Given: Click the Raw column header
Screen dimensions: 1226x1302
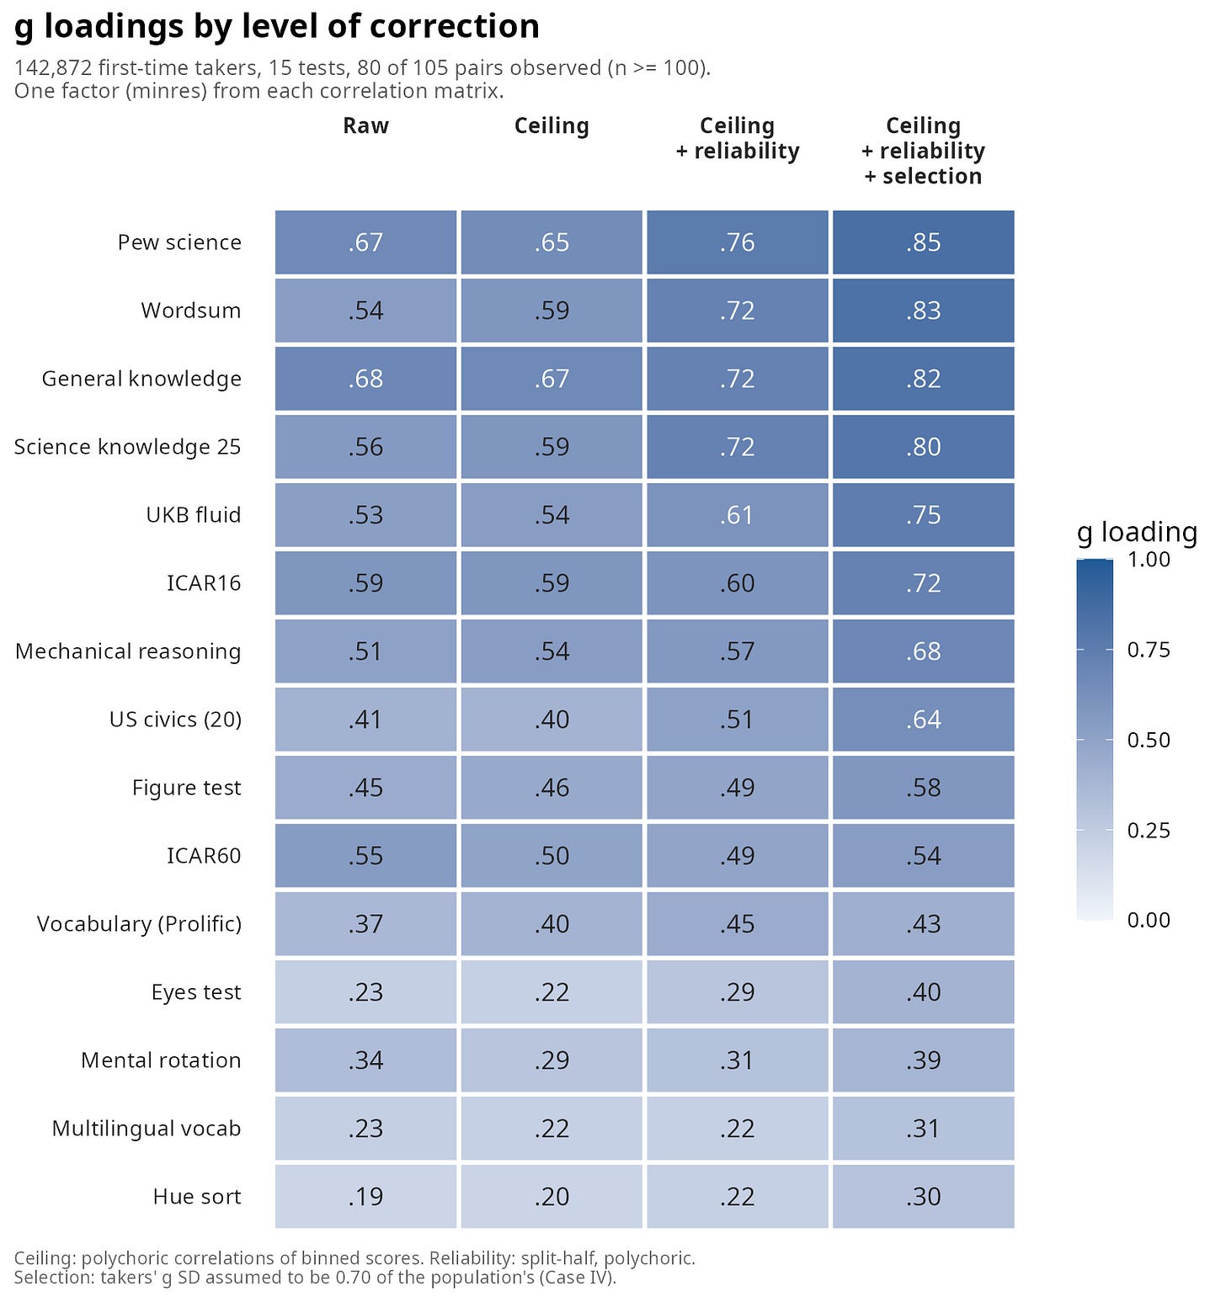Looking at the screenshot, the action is [x=365, y=125].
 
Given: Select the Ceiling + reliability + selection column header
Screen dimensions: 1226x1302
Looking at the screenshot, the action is [x=923, y=151].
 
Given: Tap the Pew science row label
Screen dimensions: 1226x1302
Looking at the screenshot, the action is [x=179, y=242].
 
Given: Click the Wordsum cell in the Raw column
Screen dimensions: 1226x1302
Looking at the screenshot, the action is [x=365, y=311].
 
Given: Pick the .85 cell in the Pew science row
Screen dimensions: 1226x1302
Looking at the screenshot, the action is [x=923, y=242].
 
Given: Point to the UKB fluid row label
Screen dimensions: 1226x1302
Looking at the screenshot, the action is [x=194, y=515].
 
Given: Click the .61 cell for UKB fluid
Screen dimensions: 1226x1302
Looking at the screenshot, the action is [x=737, y=515].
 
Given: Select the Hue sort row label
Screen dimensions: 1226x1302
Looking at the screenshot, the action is [x=197, y=1197].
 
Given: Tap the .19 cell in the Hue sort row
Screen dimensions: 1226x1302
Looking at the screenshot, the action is [x=365, y=1197].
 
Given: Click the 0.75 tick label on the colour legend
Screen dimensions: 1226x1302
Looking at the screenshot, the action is [x=1149, y=650].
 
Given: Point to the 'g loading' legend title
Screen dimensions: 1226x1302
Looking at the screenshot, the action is [x=1137, y=532].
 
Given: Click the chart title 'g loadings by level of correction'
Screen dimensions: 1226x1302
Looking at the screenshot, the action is [x=277, y=27].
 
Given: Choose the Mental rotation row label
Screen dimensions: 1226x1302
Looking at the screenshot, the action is [x=161, y=1060].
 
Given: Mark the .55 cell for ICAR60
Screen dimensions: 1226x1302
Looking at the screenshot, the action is [x=365, y=856].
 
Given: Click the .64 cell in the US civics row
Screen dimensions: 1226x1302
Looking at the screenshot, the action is [x=923, y=720].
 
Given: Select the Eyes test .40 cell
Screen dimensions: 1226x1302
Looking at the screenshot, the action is [x=923, y=992].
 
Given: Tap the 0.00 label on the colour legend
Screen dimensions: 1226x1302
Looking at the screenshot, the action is [x=1149, y=920].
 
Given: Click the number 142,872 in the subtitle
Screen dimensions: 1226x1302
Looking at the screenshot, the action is [x=53, y=68].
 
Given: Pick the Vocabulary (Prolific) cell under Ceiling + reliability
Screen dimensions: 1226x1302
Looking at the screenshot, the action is [x=737, y=924].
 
